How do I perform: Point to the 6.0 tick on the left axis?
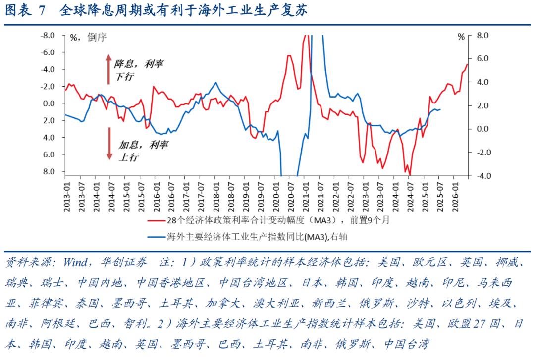point(49,154)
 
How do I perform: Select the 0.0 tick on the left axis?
point(49,103)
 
